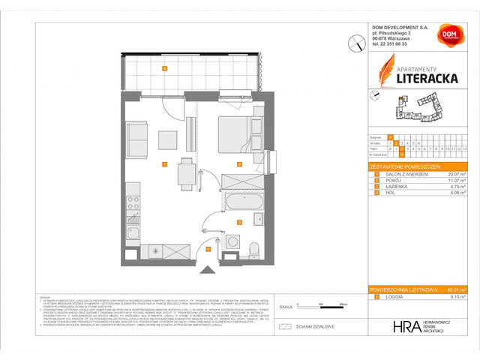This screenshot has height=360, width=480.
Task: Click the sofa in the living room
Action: pos(136,138)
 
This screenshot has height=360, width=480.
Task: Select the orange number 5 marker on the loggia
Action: pos(163,70)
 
